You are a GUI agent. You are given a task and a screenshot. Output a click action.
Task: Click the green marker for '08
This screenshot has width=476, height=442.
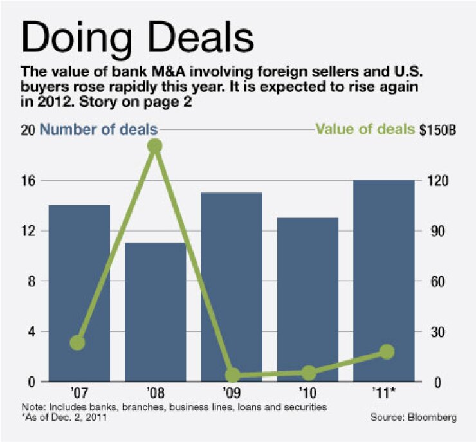point(154,146)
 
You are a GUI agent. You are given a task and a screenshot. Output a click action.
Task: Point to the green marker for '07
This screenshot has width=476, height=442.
point(77,343)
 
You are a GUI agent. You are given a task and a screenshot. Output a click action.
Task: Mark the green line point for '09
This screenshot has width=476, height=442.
point(232,375)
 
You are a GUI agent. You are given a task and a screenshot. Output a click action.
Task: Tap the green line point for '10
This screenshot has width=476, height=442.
point(309,373)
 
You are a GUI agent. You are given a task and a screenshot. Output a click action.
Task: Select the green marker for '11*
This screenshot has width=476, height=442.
point(387,351)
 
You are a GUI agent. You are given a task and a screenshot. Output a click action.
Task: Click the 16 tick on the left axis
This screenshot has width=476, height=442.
point(26,181)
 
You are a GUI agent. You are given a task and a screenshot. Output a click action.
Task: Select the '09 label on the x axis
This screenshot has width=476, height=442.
point(232,392)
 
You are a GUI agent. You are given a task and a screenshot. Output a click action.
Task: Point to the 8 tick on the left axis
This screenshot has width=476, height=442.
point(30,282)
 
